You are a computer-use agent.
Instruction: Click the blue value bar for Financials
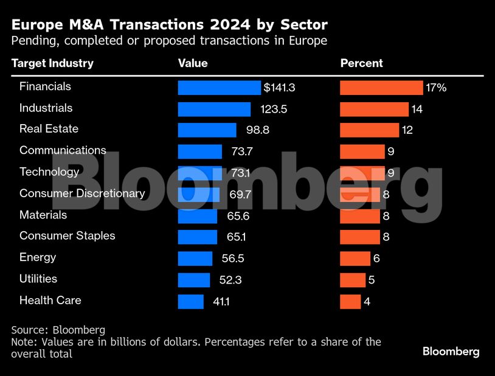pos(219,88)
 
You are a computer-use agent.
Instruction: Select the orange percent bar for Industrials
pos(374,109)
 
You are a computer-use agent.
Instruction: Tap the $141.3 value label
pos(279,88)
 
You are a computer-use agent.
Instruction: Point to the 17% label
pos(436,88)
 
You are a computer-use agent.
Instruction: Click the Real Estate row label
pos(49,129)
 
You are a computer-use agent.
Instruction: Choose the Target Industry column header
pos(52,63)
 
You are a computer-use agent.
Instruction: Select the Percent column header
pos(361,63)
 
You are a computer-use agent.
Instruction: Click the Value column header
pos(192,63)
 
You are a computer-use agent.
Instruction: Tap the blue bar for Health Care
pos(190,301)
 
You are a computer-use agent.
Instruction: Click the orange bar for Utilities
pos(353,280)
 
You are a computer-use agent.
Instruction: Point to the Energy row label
pos(38,257)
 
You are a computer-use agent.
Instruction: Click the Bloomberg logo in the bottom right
pos(451,352)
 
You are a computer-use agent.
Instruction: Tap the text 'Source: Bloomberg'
pos(58,330)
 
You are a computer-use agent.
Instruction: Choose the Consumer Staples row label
pos(67,235)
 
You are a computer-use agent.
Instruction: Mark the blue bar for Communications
pos(199,151)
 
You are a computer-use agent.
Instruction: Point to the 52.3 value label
pos(230,280)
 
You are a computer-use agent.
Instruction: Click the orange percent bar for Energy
pos(355,259)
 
